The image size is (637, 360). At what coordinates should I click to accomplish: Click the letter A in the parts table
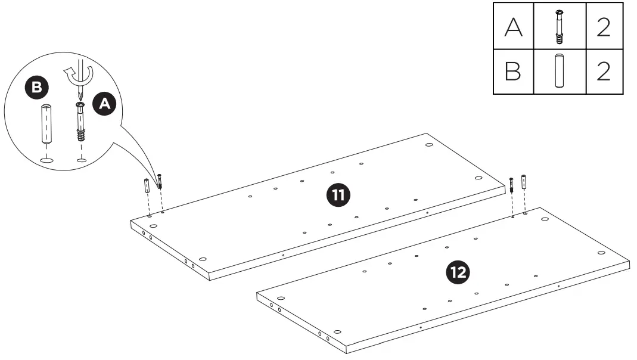pyautogui.click(x=512, y=26)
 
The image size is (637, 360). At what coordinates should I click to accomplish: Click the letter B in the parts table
pyautogui.click(x=512, y=72)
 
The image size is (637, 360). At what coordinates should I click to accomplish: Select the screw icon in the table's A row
pyautogui.click(x=559, y=26)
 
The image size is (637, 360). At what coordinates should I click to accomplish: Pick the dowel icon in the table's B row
pyautogui.click(x=559, y=72)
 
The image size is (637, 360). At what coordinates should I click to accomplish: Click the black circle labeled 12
pyautogui.click(x=458, y=272)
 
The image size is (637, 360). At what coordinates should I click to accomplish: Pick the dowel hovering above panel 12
pyautogui.click(x=524, y=181)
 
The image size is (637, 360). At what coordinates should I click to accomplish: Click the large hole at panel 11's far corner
pyautogui.click(x=429, y=144)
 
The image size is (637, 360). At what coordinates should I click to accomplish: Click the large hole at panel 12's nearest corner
pyautogui.click(x=337, y=331)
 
